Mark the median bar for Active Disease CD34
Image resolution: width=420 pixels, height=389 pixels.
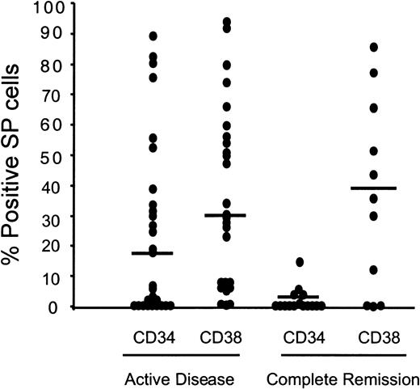(152, 253)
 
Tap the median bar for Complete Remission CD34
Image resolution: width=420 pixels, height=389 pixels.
(299, 297)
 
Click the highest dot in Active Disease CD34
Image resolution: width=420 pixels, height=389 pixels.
(153, 36)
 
